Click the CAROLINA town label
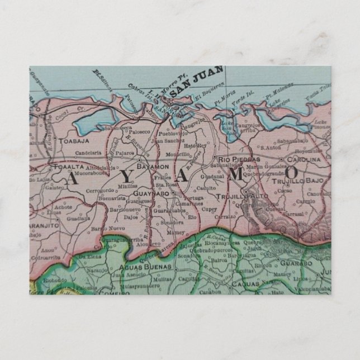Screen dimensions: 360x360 [304, 159]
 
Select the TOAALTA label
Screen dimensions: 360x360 [70, 167]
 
